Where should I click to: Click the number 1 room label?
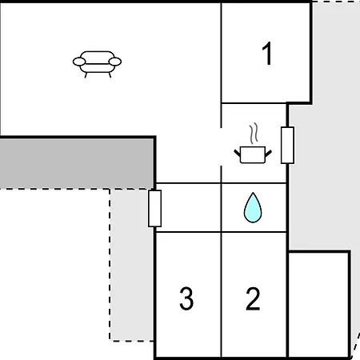click(267, 54)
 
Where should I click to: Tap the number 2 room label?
click(253, 298)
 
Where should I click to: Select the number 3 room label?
click(186, 298)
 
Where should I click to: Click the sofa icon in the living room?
click(97, 64)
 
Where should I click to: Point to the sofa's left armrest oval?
click(79, 62)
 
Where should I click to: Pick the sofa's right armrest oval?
click(115, 62)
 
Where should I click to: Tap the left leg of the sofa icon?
click(86, 75)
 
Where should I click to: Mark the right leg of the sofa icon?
click(110, 75)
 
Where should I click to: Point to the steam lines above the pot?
click(254, 134)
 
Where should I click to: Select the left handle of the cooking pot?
click(237, 153)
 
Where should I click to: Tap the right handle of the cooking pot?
click(269, 153)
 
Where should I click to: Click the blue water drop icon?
click(253, 207)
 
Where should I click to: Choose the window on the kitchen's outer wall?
click(288, 145)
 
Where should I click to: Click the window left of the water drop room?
click(155, 209)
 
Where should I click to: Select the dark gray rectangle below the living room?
click(77, 163)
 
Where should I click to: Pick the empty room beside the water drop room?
click(188, 208)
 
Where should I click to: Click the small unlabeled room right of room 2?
click(319, 304)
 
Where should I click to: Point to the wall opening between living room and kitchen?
click(221, 146)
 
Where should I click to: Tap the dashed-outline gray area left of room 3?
click(131, 265)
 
